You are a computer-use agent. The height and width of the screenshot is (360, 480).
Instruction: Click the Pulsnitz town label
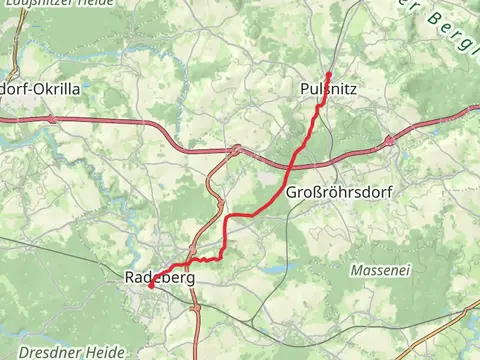[328, 90]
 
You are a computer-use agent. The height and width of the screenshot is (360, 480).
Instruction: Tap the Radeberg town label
[159, 277]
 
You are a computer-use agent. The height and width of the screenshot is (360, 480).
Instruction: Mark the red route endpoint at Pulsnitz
[329, 73]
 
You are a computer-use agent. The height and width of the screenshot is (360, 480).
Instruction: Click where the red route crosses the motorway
[296, 154]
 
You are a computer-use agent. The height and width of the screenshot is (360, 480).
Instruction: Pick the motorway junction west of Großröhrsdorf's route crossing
[235, 151]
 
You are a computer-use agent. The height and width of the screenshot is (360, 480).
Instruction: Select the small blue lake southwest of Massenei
[272, 268]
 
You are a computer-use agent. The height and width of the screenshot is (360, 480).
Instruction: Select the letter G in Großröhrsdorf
[291, 191]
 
